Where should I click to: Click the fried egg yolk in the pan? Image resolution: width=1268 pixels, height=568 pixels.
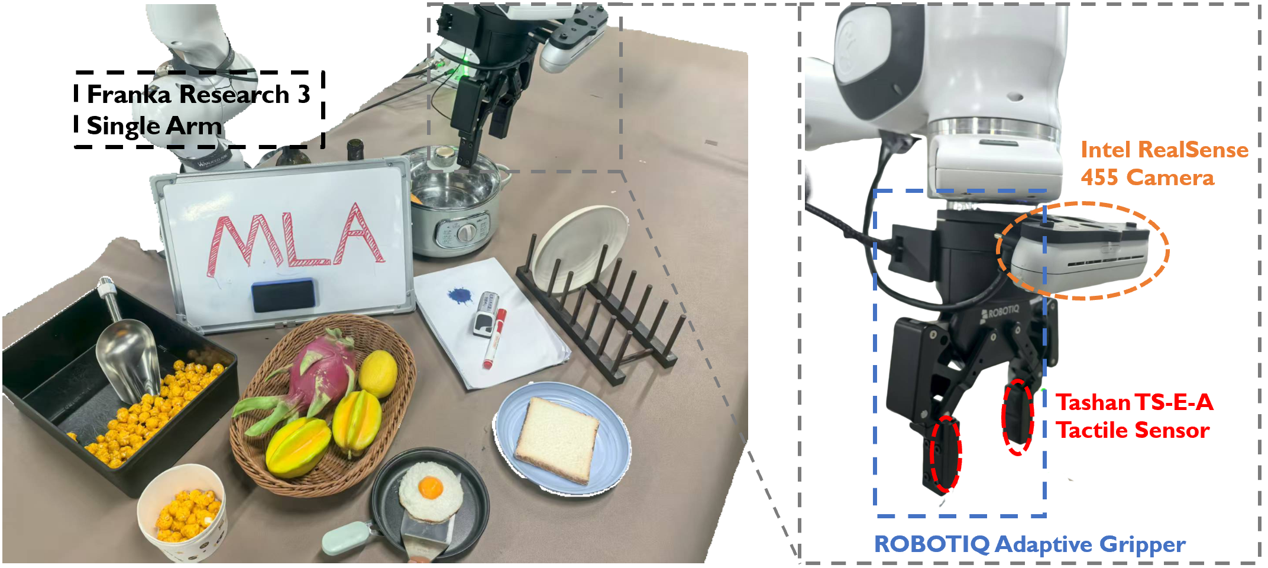pos(430,487)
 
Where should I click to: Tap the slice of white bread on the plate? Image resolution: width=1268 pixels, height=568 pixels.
pos(556,439)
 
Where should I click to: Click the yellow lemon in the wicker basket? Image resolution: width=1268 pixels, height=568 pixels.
pos(378,373)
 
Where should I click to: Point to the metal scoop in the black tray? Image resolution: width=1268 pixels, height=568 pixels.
pos(128,355)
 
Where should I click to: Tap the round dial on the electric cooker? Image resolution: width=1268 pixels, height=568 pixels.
pos(467,233)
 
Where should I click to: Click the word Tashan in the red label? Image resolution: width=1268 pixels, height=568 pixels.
pos(1093,402)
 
